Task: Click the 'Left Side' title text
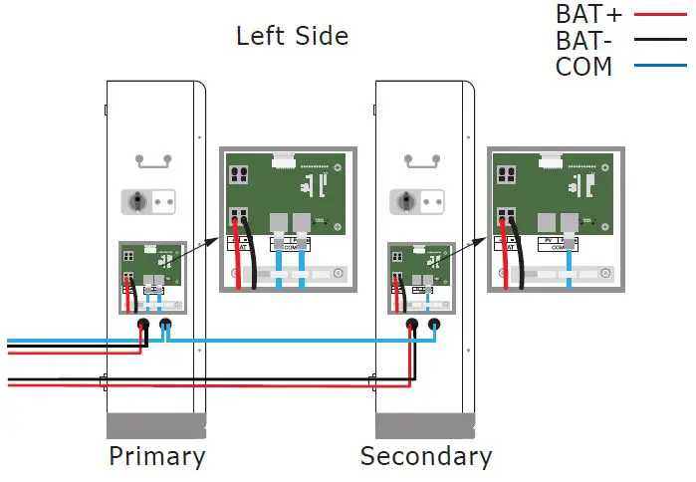click(x=292, y=36)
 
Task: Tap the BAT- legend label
click(x=581, y=42)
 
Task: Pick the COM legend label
click(x=582, y=68)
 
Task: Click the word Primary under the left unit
click(x=156, y=457)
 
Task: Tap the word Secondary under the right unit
click(x=425, y=457)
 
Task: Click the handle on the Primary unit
click(x=153, y=159)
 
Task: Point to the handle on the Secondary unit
click(x=422, y=159)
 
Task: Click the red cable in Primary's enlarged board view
click(x=239, y=254)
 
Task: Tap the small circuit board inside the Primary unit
click(x=151, y=271)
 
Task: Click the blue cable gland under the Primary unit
click(x=165, y=326)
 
